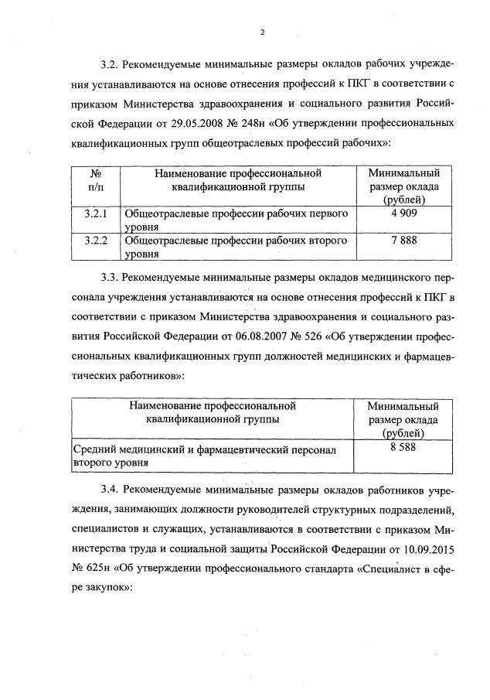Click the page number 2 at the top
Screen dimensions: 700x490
pyautogui.click(x=263, y=32)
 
